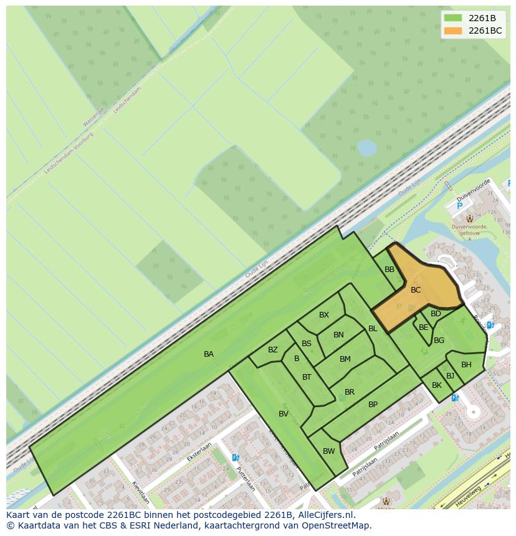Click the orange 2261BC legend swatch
(453, 31)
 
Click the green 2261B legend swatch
(453, 18)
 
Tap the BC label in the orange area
(416, 290)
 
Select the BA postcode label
(209, 354)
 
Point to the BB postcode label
(389, 270)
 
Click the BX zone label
(324, 315)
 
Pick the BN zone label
(338, 335)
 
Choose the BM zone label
(345, 359)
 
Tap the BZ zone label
(273, 350)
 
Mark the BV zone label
(284, 414)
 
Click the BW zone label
(329, 451)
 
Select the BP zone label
(373, 405)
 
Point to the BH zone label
(466, 365)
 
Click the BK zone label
(437, 386)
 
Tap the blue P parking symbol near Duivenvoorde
(459, 206)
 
